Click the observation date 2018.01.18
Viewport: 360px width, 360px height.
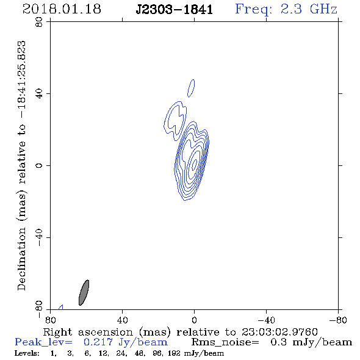point(62,9)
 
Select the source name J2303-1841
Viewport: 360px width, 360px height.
point(175,10)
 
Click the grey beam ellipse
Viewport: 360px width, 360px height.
point(84,293)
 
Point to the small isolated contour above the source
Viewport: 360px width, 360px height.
point(191,88)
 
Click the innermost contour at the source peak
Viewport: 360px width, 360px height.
point(195,164)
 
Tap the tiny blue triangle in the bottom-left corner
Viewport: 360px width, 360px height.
point(61,308)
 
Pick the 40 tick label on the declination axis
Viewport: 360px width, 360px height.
point(39,94)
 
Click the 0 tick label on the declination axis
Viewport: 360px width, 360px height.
point(39,165)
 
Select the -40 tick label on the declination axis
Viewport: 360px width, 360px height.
point(39,237)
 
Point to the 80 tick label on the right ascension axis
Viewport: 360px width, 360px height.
point(51,320)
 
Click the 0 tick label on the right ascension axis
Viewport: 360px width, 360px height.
point(194,320)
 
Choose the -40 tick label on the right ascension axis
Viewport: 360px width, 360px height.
point(266,320)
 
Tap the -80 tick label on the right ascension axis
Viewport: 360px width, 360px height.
point(338,320)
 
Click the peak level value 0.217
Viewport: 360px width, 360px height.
point(98,342)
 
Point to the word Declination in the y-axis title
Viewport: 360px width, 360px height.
point(21,259)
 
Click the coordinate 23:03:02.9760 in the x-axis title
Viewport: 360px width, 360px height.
point(279,332)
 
